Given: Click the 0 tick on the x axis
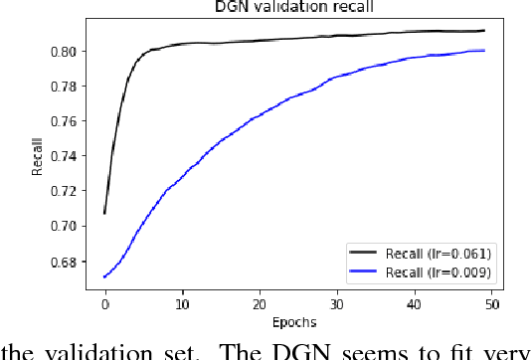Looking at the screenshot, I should point(104,302).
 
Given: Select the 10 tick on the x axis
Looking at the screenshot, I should point(182,302).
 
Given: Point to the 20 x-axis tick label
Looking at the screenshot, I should point(259,302).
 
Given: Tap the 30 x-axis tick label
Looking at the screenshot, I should point(336,302).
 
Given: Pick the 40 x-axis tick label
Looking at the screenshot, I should point(414,302).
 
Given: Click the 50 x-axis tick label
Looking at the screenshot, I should point(491,302).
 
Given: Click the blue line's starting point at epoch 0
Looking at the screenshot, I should point(104,277).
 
